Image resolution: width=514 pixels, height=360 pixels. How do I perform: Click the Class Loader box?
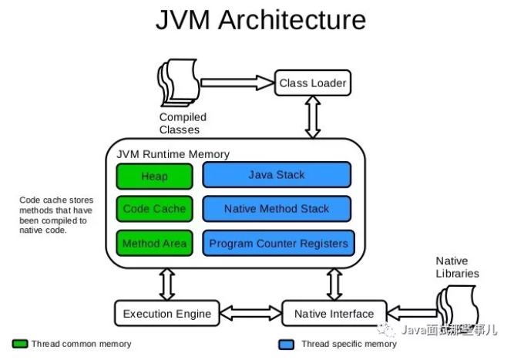[x=312, y=82]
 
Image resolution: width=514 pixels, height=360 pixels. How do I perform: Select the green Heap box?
[x=154, y=176]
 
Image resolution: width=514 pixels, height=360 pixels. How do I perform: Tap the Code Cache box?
[x=154, y=209]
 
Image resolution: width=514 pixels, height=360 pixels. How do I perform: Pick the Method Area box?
[x=154, y=244]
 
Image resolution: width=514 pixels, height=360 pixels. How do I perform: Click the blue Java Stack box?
[x=277, y=175]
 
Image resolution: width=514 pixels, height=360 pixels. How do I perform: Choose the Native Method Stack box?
[x=277, y=209]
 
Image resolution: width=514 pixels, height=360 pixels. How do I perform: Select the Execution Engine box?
[x=167, y=313]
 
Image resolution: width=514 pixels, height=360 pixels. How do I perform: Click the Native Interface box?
[x=334, y=313]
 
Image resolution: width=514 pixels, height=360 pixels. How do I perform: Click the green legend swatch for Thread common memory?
[x=20, y=344]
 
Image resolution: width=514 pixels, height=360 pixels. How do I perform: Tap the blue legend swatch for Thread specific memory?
[x=288, y=344]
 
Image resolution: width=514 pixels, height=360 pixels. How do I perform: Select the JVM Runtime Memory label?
[x=173, y=153]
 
